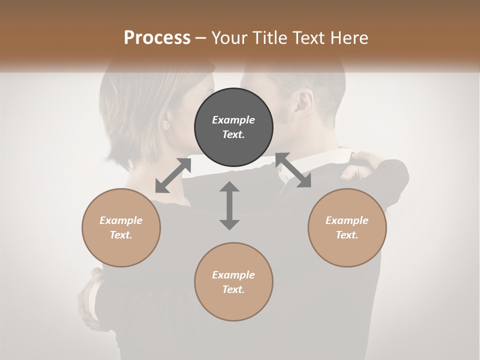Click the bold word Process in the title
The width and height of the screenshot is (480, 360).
pos(157,38)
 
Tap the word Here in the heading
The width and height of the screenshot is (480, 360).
pos(349,38)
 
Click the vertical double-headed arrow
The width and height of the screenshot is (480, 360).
pos(229,205)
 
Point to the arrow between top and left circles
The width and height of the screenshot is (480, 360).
pos(173,175)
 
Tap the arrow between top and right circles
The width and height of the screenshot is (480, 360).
pos(293,170)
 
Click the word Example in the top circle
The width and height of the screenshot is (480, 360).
pos(233,120)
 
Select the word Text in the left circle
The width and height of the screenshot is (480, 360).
pos(121,235)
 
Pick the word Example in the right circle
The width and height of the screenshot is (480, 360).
pos(347,220)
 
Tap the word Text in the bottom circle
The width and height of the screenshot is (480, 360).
pos(233,289)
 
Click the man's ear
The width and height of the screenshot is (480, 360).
pos(304,102)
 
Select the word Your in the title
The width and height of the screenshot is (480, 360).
pos(227,38)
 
